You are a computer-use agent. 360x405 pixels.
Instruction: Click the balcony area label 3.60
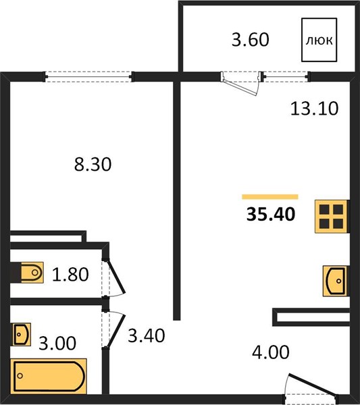click(250, 40)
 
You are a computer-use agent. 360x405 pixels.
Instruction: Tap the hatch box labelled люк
click(319, 40)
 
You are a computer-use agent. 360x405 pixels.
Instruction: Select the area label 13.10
click(314, 109)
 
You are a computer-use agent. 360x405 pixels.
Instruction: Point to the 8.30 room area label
click(93, 165)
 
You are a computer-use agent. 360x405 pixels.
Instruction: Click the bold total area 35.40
click(271, 214)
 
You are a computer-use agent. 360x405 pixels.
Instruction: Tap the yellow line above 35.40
click(270, 197)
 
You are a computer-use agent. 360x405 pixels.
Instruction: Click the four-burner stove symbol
click(332, 217)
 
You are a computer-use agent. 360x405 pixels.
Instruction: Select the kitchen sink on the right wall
click(336, 281)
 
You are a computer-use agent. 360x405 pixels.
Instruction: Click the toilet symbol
click(32, 272)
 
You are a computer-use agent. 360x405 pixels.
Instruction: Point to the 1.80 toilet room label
click(70, 274)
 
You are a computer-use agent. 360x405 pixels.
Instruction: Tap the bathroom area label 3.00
click(57, 344)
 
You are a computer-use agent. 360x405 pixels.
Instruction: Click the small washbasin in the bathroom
click(22, 335)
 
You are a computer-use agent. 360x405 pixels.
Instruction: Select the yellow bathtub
click(49, 376)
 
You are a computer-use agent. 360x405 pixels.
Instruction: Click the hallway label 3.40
click(147, 335)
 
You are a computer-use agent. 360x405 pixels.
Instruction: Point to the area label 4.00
click(271, 352)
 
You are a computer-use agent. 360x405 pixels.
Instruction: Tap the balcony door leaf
click(240, 88)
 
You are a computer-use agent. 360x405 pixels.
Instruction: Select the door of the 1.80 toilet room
click(116, 277)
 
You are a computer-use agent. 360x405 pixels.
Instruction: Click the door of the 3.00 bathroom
click(116, 331)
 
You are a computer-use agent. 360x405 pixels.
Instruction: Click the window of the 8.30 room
click(88, 77)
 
